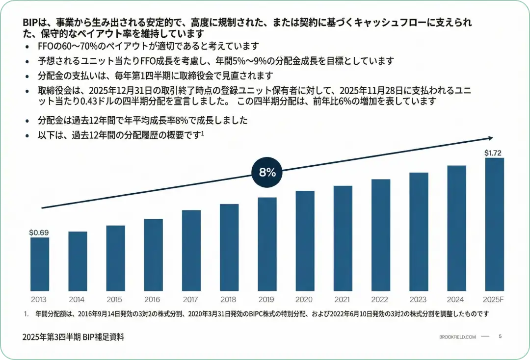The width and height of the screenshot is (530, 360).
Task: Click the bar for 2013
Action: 40,264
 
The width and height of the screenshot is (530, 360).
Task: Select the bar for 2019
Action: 267,244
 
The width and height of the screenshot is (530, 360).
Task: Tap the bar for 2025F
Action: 494,224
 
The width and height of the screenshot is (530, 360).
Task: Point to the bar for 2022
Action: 381,235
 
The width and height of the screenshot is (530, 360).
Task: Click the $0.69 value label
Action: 39,232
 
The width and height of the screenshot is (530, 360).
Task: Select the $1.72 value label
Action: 493,154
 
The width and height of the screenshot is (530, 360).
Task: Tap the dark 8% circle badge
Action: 267,172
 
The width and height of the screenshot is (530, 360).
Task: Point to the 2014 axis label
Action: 78,299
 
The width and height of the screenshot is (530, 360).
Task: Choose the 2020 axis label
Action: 305,299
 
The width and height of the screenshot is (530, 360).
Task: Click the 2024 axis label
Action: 456,299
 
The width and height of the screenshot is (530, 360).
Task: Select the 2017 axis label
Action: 191,299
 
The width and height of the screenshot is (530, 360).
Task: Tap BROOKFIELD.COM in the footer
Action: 457,337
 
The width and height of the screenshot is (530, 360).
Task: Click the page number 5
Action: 500,336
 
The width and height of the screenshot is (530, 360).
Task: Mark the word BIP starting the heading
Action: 30,23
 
